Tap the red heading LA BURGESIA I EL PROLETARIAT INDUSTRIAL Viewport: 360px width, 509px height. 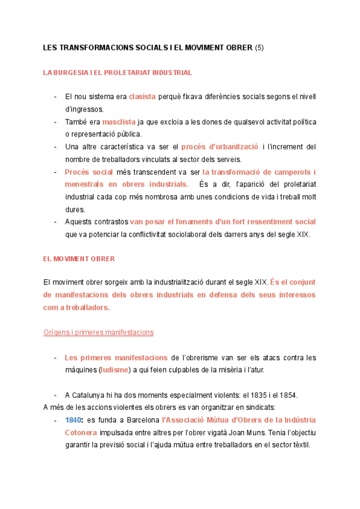tap(118, 73)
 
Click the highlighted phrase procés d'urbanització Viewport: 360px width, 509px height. tap(220, 146)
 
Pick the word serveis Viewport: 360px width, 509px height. tap(228, 159)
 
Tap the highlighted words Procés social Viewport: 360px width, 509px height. tap(89, 172)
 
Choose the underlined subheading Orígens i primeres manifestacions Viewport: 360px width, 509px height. tap(98, 332)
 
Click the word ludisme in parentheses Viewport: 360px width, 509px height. tap(115, 369)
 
